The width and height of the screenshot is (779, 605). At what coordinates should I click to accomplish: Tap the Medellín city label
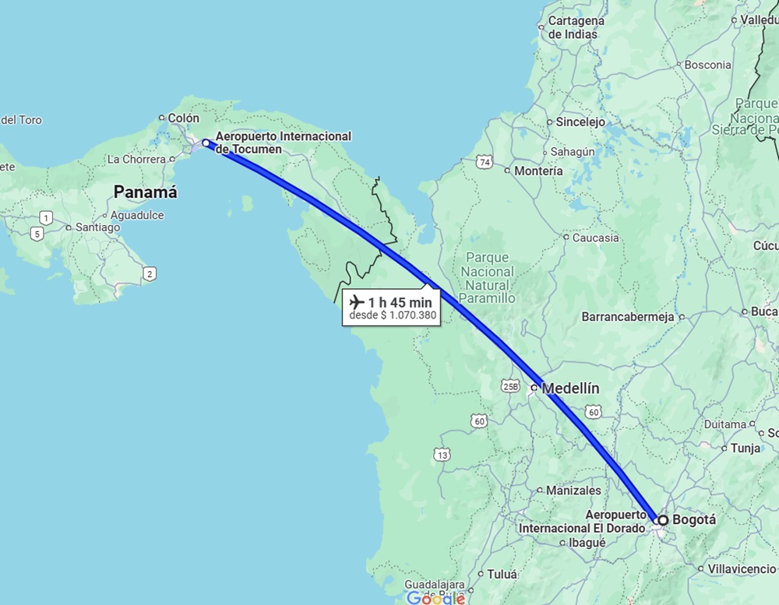[x=570, y=388]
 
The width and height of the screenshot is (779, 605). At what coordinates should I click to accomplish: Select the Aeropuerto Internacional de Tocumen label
[x=284, y=142]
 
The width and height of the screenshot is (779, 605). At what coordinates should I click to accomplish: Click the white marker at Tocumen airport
[x=206, y=142]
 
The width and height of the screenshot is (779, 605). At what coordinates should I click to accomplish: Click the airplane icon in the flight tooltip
[x=358, y=301]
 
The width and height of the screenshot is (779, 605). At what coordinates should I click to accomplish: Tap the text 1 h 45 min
[x=400, y=301]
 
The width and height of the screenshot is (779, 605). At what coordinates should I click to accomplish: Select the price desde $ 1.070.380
[x=393, y=315]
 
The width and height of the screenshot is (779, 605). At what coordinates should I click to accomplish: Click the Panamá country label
[x=145, y=192]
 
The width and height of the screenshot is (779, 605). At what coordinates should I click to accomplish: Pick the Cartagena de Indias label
[x=576, y=27]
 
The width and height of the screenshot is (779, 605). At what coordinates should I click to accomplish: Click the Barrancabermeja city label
[x=626, y=317]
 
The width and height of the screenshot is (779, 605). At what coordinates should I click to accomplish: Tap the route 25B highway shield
[x=510, y=385]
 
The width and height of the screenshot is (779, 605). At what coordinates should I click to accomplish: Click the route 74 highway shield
[x=485, y=162]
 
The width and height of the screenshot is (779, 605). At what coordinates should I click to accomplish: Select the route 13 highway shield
[x=442, y=455]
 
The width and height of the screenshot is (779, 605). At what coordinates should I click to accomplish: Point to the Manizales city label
[x=573, y=491]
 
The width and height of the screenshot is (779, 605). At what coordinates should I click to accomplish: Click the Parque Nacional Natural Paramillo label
[x=488, y=277]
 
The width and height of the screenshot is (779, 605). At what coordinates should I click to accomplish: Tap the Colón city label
[x=184, y=118]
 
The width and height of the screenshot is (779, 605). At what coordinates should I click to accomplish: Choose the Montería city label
[x=538, y=171]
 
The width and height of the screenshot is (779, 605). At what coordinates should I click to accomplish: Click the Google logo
[x=436, y=598]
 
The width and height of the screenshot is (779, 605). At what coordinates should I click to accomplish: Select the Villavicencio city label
[x=742, y=569]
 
